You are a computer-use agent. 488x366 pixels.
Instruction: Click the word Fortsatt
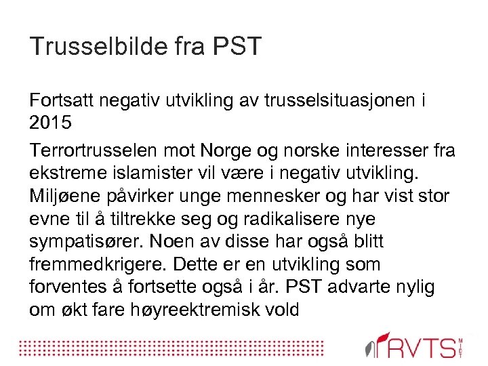coord(62,102)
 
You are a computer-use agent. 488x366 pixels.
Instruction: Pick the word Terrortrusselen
coord(91,149)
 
